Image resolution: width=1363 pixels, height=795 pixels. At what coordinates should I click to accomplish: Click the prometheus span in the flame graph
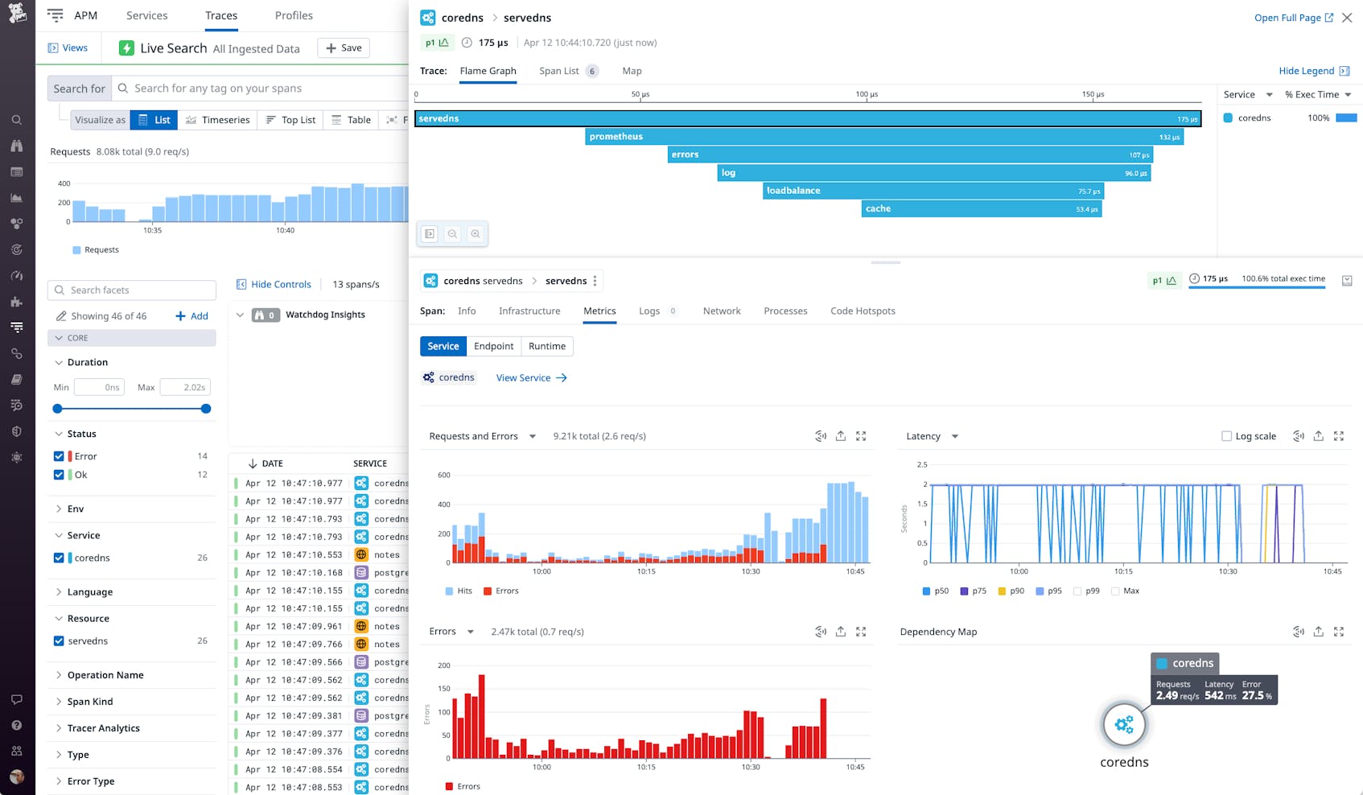pos(883,137)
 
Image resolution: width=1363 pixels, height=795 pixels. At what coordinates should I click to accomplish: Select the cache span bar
pos(980,209)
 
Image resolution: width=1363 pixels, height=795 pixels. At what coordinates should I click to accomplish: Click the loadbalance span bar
pos(932,191)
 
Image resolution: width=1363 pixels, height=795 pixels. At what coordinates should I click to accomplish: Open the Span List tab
pos(559,71)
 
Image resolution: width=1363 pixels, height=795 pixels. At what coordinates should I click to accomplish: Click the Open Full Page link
pos(1292,18)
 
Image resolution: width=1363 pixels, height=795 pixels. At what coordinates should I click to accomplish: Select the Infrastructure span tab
pos(529,311)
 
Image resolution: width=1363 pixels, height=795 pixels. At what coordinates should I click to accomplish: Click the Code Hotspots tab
pos(863,311)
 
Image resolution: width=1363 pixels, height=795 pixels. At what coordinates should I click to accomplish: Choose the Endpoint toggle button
pos(493,346)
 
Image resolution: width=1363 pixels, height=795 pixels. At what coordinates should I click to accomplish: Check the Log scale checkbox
pos(1226,436)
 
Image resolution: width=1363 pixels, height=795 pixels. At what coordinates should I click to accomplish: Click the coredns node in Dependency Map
pos(1123,725)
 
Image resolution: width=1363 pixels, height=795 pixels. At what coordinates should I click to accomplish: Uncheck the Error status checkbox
pos(59,456)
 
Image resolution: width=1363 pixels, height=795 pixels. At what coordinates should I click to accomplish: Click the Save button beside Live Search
pos(344,48)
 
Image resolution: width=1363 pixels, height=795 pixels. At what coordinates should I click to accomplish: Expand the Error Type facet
pos(90,781)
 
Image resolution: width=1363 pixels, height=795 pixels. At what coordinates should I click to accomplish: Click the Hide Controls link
pos(274,284)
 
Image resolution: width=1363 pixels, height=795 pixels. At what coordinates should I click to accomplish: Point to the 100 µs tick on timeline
pos(867,95)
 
